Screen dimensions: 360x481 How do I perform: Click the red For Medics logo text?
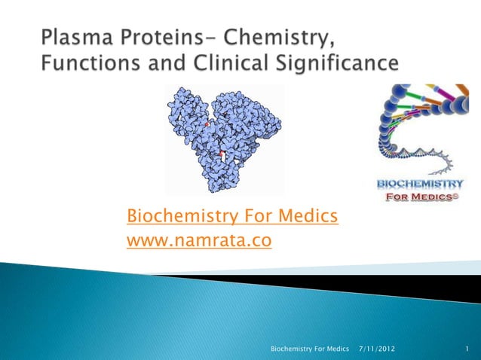(421, 198)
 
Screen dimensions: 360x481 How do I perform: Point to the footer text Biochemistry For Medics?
(310, 349)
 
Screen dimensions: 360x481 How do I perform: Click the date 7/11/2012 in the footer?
(376, 349)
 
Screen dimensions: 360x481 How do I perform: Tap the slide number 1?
(467, 349)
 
